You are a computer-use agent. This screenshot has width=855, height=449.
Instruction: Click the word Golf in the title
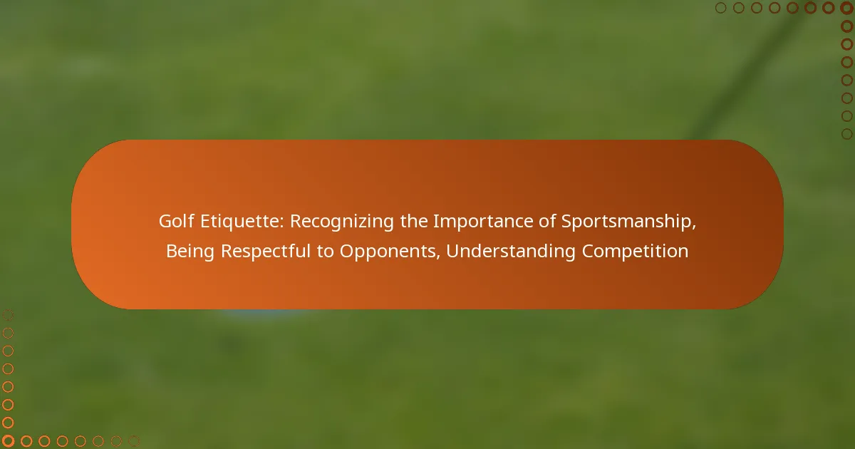pyautogui.click(x=177, y=221)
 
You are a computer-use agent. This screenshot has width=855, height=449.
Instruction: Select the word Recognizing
pyautogui.click(x=341, y=222)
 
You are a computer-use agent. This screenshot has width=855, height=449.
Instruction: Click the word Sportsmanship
pyautogui.click(x=626, y=222)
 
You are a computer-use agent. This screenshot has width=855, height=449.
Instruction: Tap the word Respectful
pyautogui.click(x=266, y=251)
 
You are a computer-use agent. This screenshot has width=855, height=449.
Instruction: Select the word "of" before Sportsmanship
pyautogui.click(x=547, y=222)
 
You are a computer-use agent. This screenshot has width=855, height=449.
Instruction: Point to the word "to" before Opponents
pyautogui.click(x=325, y=252)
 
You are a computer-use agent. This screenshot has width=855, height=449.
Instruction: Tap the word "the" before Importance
pyautogui.click(x=414, y=222)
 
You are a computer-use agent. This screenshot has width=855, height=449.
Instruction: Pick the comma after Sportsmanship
pyautogui.click(x=693, y=228)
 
